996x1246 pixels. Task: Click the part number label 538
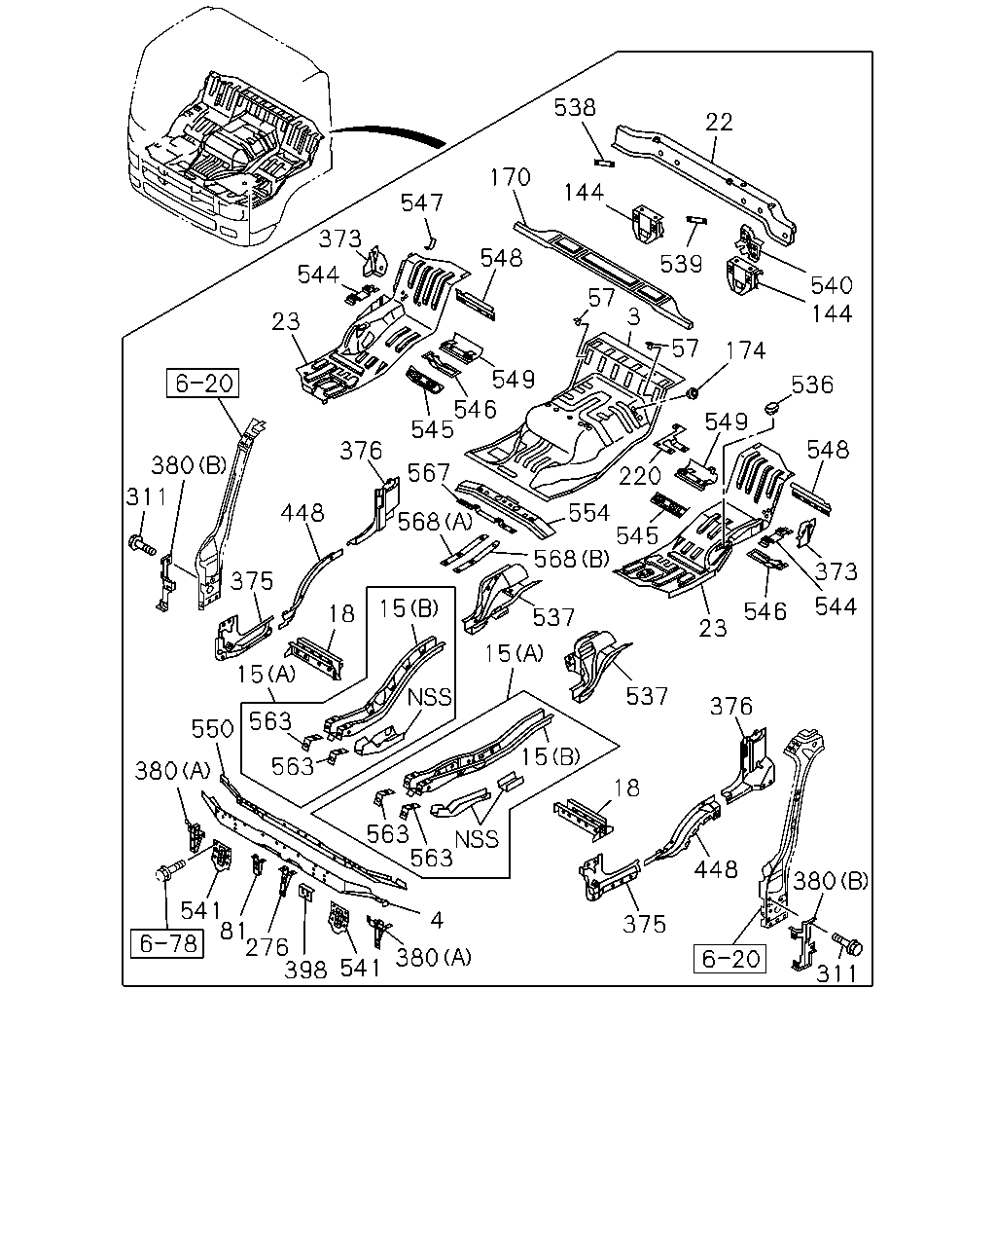pyautogui.click(x=575, y=108)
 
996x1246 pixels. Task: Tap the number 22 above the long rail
pyautogui.click(x=719, y=123)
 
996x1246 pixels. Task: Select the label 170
pyautogui.click(x=510, y=177)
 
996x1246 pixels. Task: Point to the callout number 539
pyautogui.click(x=681, y=264)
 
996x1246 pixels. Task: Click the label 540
pyautogui.click(x=832, y=285)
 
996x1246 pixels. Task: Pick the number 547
pyautogui.click(x=422, y=203)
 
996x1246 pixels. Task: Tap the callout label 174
pyautogui.click(x=745, y=350)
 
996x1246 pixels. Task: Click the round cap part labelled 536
pyautogui.click(x=772, y=408)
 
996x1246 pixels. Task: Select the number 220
pyautogui.click(x=640, y=476)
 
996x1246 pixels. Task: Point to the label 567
pyautogui.click(x=429, y=473)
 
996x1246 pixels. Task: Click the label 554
pyautogui.click(x=589, y=513)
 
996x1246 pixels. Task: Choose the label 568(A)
pyautogui.click(x=435, y=522)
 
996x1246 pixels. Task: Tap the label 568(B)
pyautogui.click(x=572, y=559)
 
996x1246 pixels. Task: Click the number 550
pyautogui.click(x=212, y=729)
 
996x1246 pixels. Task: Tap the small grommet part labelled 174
pyautogui.click(x=691, y=393)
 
